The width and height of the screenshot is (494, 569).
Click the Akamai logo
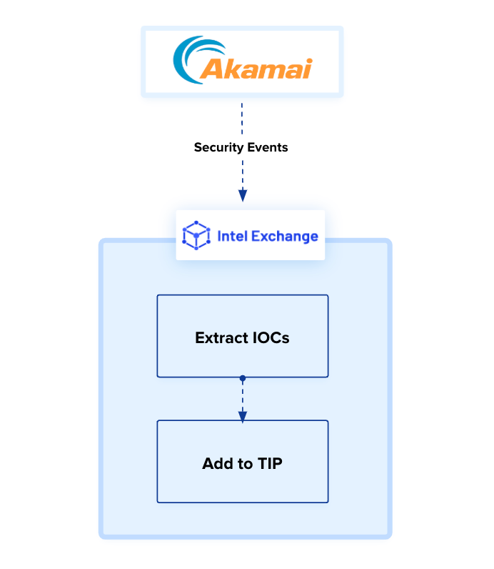coord(243,61)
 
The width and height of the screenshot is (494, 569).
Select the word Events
coord(266,147)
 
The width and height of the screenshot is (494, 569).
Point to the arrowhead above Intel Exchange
coord(242,195)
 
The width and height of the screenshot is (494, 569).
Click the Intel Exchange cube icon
coord(196,235)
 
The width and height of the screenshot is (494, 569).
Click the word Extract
coord(221,337)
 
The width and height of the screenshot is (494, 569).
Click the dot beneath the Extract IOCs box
coord(243,377)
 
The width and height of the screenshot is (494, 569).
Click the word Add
coord(216,463)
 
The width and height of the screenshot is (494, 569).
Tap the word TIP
coord(269,463)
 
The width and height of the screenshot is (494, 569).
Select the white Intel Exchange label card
coord(250,235)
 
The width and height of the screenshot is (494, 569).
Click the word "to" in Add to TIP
coord(243,463)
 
